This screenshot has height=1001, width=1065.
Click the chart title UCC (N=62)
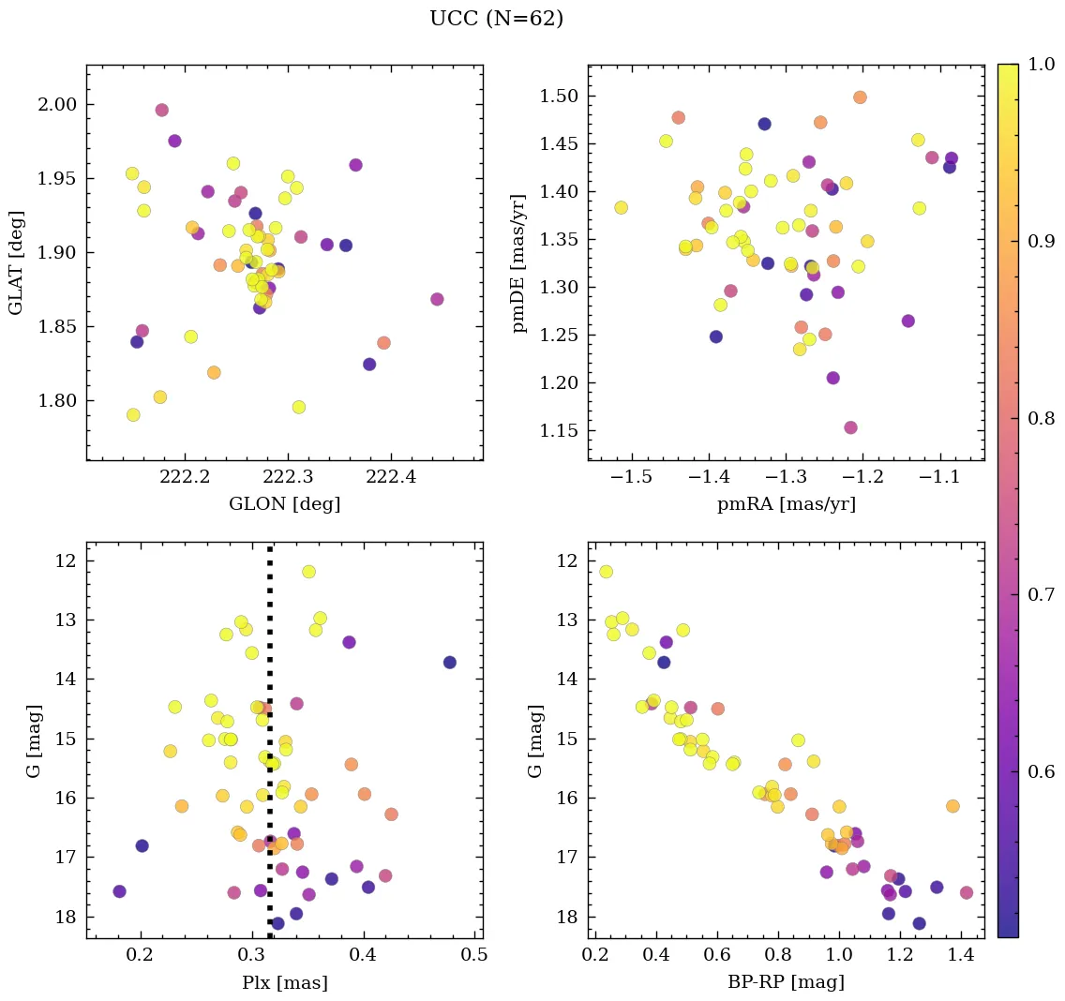point(496,19)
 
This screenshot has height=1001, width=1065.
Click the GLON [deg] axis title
point(284,504)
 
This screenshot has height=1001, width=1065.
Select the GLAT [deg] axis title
point(17,262)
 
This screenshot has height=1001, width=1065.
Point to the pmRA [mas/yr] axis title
point(786,504)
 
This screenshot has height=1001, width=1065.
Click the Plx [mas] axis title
point(284,982)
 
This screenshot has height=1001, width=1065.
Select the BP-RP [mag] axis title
point(786,982)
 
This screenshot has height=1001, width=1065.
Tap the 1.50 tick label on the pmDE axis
point(557,97)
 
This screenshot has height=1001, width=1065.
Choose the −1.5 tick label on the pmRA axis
point(631,479)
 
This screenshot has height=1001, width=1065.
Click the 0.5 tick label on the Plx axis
point(474,956)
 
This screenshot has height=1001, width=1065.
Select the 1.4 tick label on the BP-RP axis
point(960,956)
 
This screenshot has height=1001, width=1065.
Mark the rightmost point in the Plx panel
point(449,662)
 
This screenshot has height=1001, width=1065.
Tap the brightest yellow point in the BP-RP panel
point(606,572)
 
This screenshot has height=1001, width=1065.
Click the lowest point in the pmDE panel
point(850,427)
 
